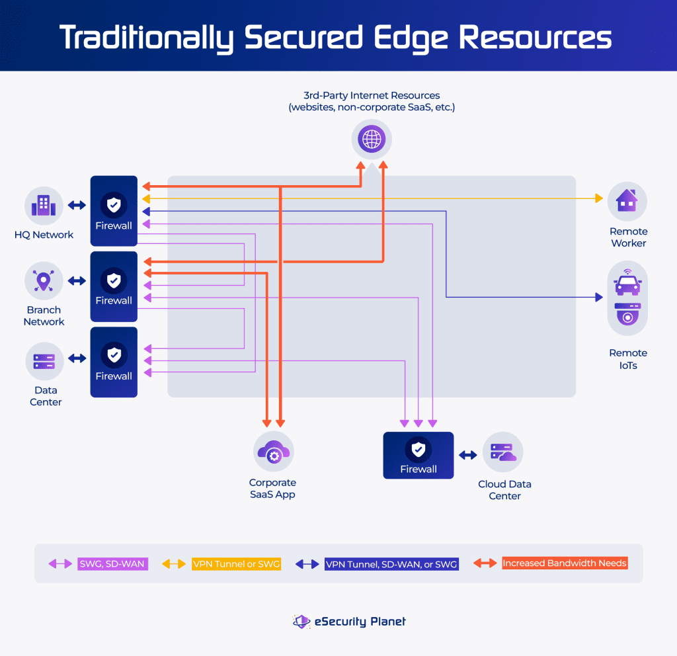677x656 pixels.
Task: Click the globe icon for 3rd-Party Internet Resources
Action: coord(371,140)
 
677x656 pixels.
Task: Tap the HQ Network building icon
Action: coord(44,205)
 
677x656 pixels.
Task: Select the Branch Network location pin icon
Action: coord(44,280)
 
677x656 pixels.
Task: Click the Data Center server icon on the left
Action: coord(44,361)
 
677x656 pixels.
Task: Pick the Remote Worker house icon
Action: coord(627,201)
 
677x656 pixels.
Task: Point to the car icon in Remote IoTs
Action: coord(627,284)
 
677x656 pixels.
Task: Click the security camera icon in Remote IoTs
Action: coord(627,314)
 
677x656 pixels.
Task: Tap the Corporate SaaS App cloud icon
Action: coord(273,452)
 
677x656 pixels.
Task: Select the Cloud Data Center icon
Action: coord(503,452)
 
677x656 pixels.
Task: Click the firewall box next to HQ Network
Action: coord(114,212)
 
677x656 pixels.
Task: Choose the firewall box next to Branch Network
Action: coord(114,287)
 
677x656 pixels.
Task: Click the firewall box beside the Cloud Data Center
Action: coord(418,456)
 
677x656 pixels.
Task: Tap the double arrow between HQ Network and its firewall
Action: coord(77,205)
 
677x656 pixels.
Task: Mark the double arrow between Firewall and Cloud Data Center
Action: coord(468,455)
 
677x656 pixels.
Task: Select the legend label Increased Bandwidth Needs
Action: coord(564,563)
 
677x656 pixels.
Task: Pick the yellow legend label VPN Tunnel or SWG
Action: coord(237,564)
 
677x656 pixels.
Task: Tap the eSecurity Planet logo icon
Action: coord(301,621)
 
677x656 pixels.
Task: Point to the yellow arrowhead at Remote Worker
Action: coord(599,198)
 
